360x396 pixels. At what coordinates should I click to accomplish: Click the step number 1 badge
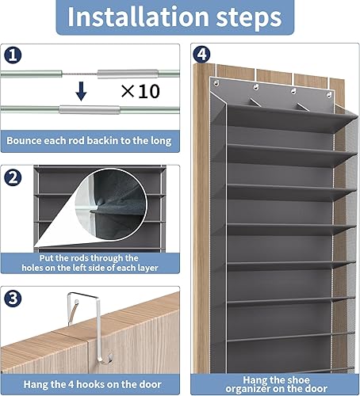[14, 57]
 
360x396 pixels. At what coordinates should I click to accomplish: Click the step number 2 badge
[14, 177]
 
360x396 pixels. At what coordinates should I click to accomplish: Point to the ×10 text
[140, 91]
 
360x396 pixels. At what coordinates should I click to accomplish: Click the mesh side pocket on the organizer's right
[342, 238]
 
